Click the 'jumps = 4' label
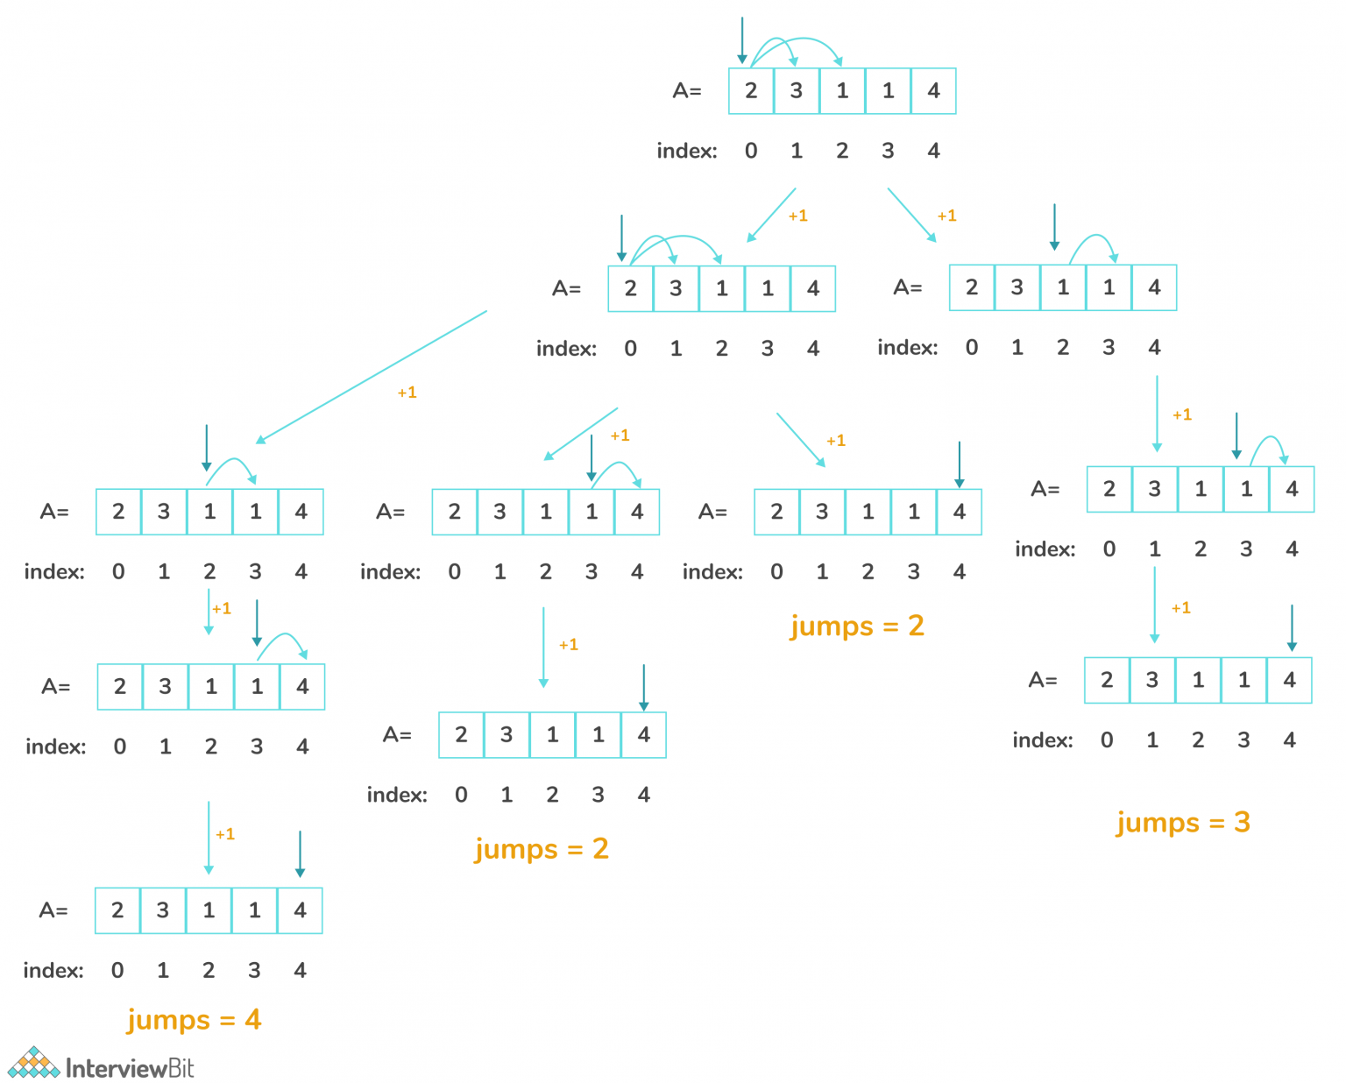click(194, 1020)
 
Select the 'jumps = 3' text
click(1183, 823)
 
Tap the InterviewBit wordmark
click(130, 1068)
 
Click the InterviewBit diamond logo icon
click(34, 1063)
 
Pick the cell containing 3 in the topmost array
click(797, 91)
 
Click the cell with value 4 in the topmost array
click(933, 91)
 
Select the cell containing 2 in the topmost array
click(751, 91)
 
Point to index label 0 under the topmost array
click(751, 151)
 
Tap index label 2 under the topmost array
click(842, 151)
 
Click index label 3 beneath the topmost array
click(888, 151)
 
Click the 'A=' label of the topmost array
click(687, 91)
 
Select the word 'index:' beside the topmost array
click(687, 151)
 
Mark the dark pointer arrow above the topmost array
click(742, 40)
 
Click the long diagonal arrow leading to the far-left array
click(372, 377)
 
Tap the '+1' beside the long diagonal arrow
click(407, 393)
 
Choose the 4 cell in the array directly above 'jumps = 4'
click(300, 910)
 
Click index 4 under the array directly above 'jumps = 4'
click(300, 970)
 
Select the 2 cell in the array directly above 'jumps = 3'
click(1107, 680)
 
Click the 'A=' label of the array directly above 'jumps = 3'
click(1043, 680)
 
